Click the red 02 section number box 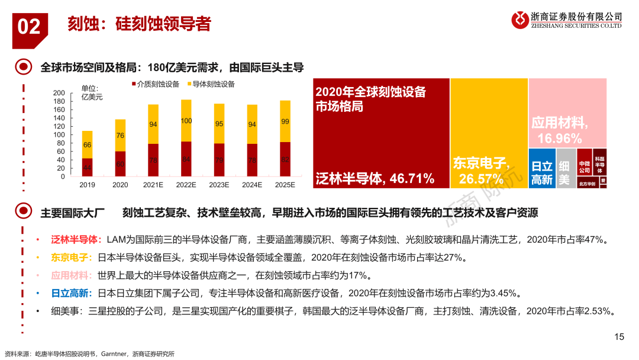point(30,27)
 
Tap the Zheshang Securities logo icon point(521,20)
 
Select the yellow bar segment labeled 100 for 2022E point(186,121)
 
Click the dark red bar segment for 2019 point(87,168)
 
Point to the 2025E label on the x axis point(285,185)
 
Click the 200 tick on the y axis point(59,94)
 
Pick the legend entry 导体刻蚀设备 point(210,84)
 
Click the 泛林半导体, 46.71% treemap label point(375,178)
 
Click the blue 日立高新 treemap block point(541,168)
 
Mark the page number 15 point(619,337)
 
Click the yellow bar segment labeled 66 point(87,144)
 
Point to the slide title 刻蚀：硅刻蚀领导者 point(139,24)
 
